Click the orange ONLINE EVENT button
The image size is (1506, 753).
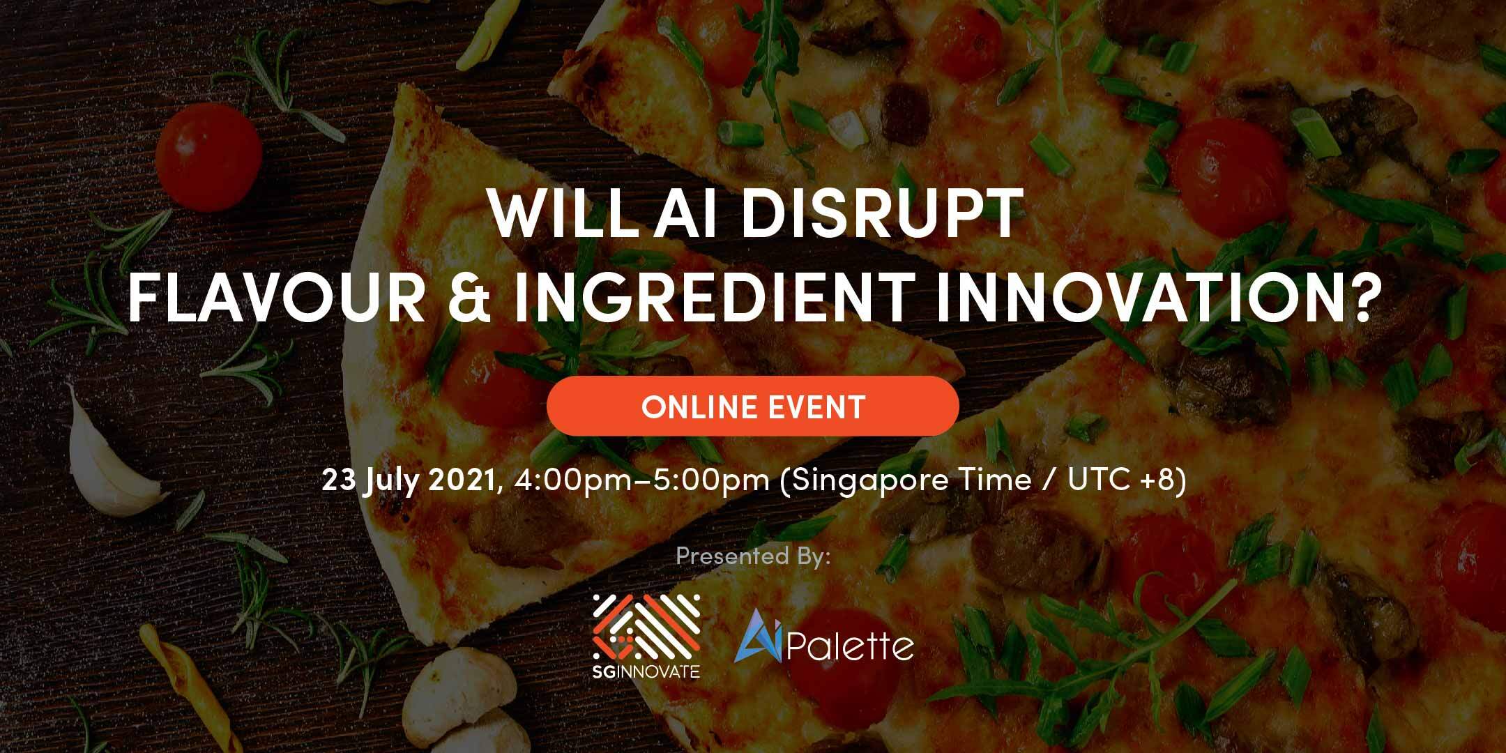(x=753, y=406)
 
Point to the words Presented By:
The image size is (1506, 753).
(x=753, y=556)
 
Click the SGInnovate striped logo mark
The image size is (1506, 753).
(x=646, y=628)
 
